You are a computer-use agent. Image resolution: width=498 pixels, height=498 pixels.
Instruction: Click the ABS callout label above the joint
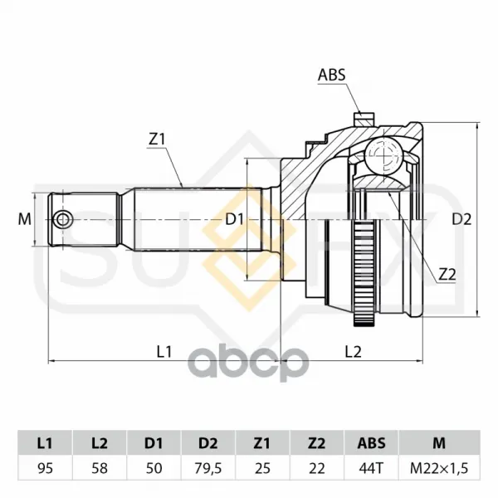[331, 76]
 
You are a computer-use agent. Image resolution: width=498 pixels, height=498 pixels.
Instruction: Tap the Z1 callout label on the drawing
[157, 139]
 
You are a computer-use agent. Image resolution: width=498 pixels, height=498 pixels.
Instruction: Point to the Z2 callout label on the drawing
[447, 275]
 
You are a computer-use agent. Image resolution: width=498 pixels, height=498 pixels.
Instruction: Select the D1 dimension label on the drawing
[234, 219]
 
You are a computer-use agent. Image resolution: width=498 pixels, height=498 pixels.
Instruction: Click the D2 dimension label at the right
[461, 219]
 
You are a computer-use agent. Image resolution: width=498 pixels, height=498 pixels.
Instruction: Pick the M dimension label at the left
[24, 219]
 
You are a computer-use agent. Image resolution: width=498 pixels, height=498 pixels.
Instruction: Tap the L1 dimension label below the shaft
[164, 352]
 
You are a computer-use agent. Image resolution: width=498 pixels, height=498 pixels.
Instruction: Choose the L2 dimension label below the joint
[354, 352]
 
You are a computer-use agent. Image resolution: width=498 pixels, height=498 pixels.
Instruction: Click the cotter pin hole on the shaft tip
[63, 219]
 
